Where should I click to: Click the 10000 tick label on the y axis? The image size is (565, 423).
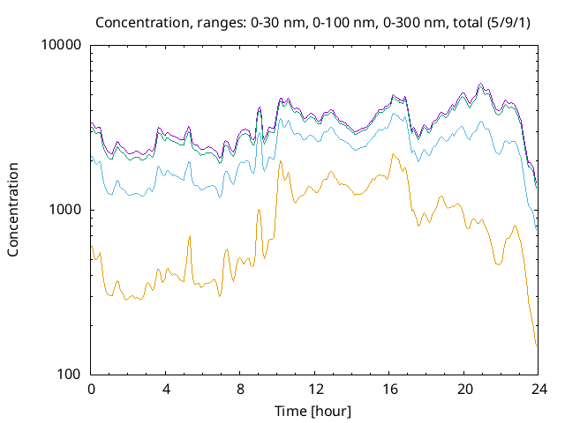pyautogui.click(x=62, y=45)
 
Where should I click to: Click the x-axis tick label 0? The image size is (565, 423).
pyautogui.click(x=91, y=389)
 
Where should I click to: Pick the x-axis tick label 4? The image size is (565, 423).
pyautogui.click(x=166, y=389)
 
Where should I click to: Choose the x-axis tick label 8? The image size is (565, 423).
pyautogui.click(x=240, y=389)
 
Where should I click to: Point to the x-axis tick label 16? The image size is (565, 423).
pyautogui.click(x=389, y=389)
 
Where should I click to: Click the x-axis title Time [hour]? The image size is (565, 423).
pyautogui.click(x=314, y=410)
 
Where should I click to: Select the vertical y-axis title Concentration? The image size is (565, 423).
pyautogui.click(x=13, y=210)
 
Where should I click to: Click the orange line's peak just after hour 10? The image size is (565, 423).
pyautogui.click(x=280, y=161)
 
